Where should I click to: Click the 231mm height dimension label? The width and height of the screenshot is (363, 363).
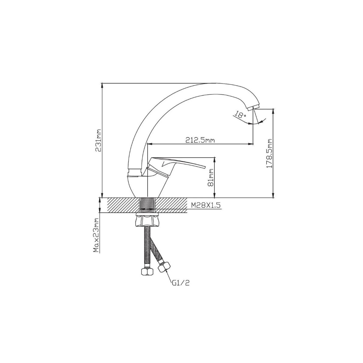pos(98,140)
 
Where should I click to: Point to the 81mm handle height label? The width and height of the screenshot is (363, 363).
pos(211,178)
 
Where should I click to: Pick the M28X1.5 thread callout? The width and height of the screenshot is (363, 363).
pos(206,205)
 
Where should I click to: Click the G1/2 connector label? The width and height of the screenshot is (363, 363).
pos(181,288)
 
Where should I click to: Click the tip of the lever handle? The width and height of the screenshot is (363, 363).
pos(205,167)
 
